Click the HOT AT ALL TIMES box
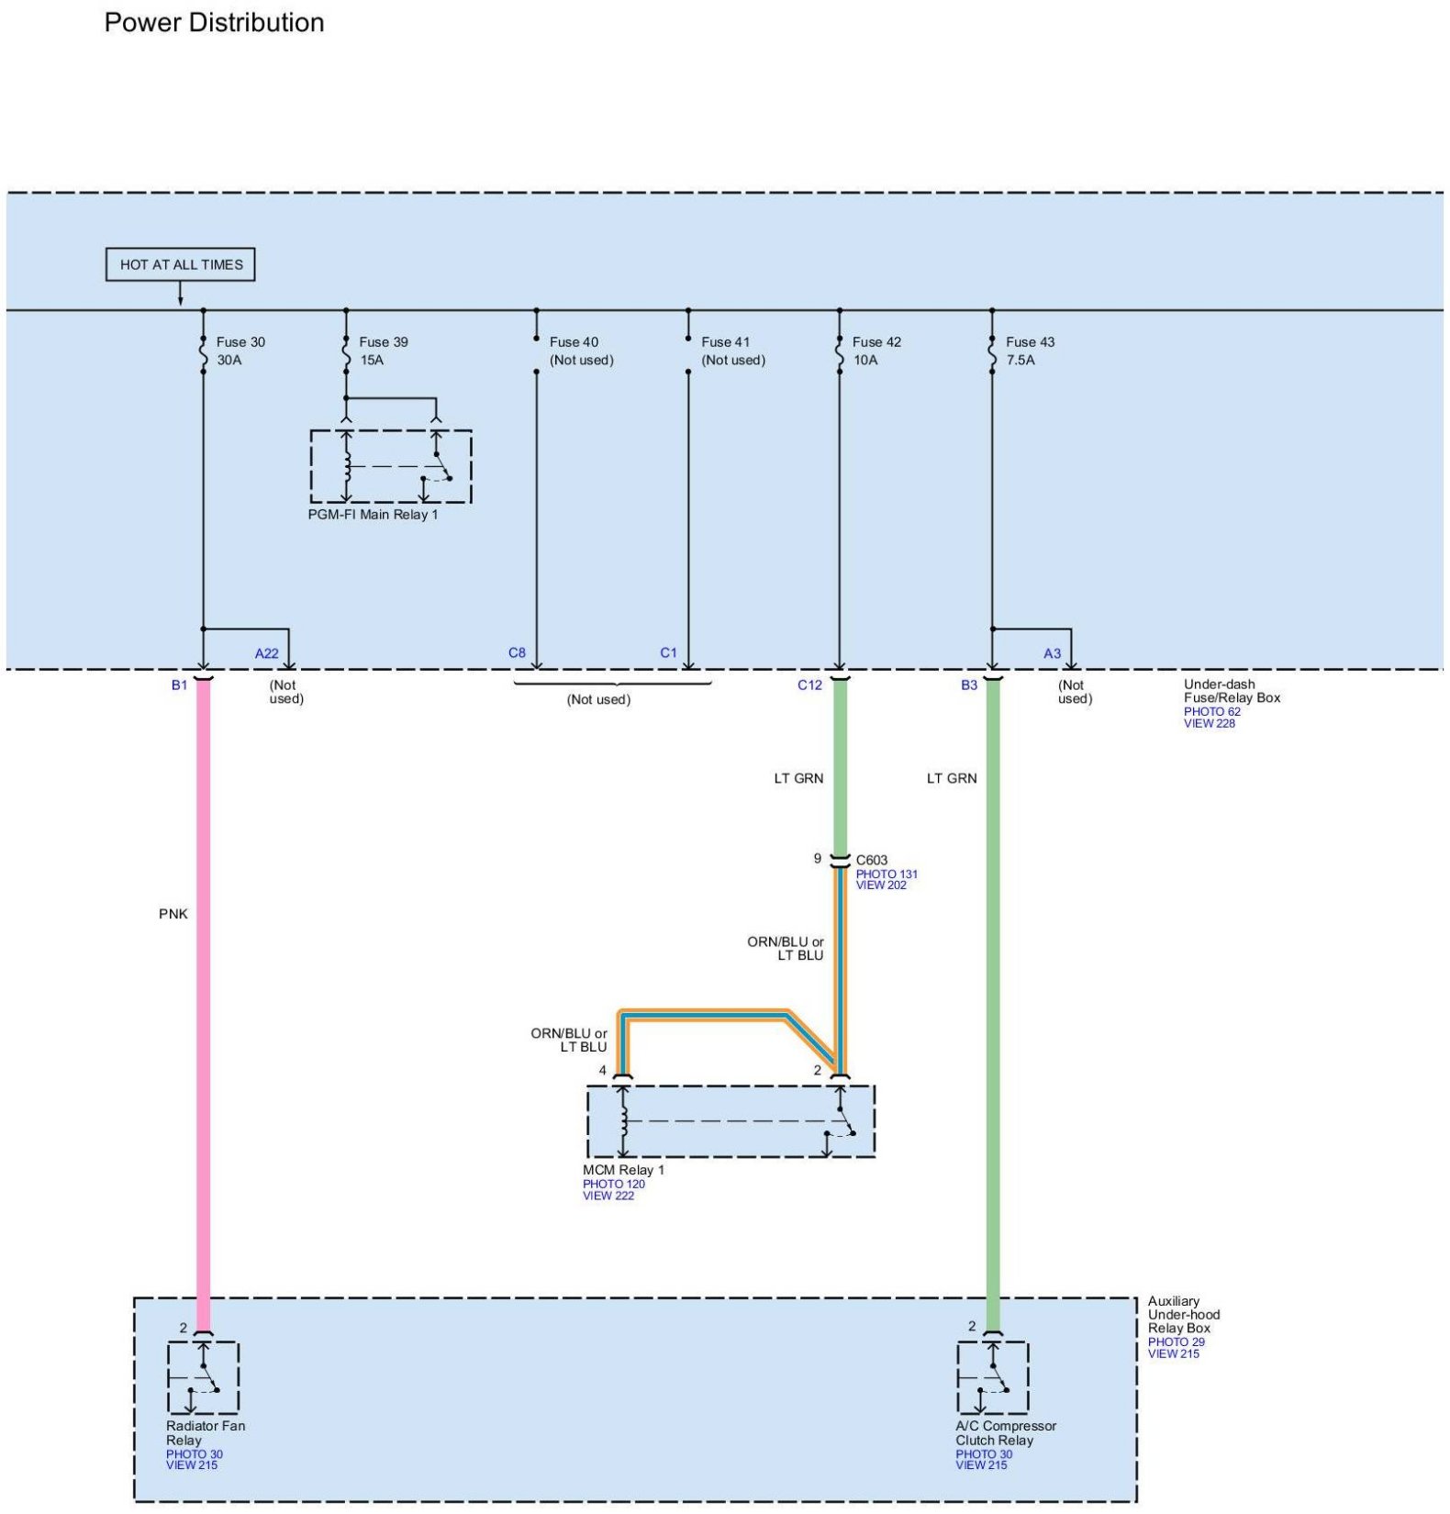click(x=180, y=264)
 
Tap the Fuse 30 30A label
click(x=240, y=351)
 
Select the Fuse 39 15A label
click(x=384, y=351)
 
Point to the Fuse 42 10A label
click(x=876, y=351)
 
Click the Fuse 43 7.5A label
click(x=1030, y=351)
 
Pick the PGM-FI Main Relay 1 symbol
click(x=391, y=466)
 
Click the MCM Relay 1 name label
click(x=623, y=1170)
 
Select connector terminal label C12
click(x=809, y=685)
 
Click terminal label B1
click(x=179, y=685)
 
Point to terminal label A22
click(x=266, y=653)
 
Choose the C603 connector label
click(x=872, y=860)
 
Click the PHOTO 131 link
click(x=887, y=874)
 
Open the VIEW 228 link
click(x=1209, y=723)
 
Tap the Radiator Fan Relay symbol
click(x=203, y=1377)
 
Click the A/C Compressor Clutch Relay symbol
click(x=992, y=1377)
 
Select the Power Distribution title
click(x=214, y=22)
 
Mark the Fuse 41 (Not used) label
click(x=733, y=351)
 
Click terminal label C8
click(x=517, y=653)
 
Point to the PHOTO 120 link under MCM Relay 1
click(x=613, y=1184)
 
